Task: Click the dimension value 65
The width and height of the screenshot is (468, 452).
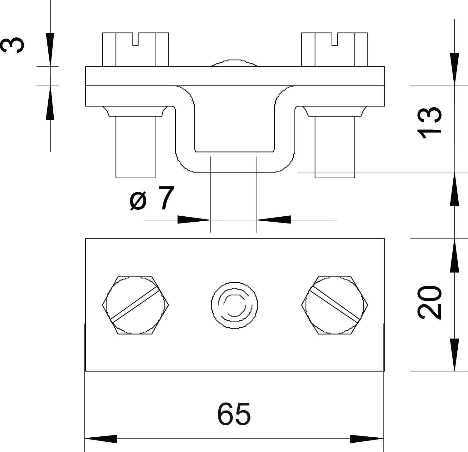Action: pos(234,414)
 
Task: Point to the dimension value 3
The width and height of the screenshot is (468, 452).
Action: pos(12,44)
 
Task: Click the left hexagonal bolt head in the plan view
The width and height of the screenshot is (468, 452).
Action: pos(136,305)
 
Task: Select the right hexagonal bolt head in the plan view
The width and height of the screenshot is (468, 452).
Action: pos(334,305)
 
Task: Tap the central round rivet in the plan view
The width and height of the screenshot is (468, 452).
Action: pos(234,305)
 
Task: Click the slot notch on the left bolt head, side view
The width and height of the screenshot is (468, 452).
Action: pos(135,39)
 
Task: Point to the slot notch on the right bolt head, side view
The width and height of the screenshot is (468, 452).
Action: pos(335,39)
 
